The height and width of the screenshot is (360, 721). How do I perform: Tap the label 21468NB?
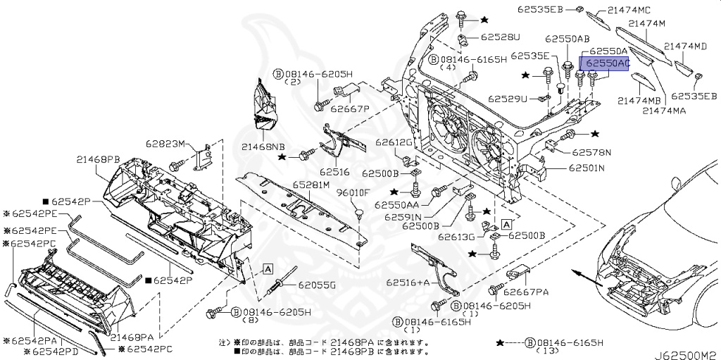(263, 147)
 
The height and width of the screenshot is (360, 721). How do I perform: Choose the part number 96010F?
(354, 191)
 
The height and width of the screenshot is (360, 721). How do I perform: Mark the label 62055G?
(316, 285)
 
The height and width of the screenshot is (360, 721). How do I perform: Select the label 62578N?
(591, 151)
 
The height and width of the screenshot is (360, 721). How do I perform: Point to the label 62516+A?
(407, 283)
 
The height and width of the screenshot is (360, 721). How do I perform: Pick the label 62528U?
(501, 37)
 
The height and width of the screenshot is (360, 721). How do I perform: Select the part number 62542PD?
(56, 350)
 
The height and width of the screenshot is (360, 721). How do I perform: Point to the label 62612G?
(393, 142)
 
